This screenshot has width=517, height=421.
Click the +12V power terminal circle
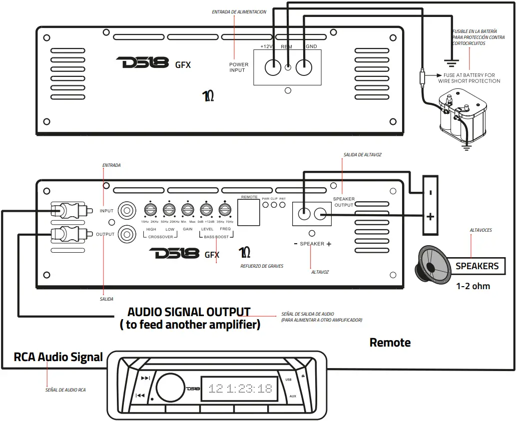tap(273, 67)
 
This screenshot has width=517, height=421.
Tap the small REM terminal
tap(288, 67)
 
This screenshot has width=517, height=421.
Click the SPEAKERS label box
tap(477, 266)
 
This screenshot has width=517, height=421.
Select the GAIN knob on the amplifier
tap(187, 210)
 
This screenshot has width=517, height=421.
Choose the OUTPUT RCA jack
tap(126, 233)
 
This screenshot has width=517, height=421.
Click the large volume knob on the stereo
tap(169, 388)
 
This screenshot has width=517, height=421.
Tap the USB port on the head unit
tap(288, 380)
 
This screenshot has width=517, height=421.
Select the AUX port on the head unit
tap(293, 396)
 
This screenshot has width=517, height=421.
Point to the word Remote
tap(390, 343)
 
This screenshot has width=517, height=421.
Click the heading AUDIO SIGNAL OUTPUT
tap(189, 312)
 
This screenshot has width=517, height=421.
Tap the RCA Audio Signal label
tap(58, 357)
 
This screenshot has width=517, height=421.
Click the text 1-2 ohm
tap(473, 286)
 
